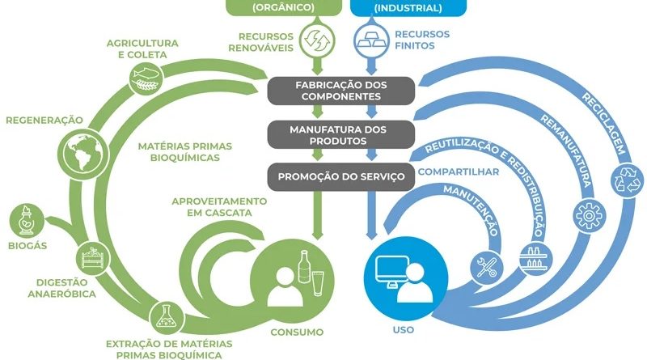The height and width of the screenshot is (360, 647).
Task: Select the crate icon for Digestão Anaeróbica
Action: [x=91, y=259]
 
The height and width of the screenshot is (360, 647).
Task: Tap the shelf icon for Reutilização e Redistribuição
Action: [x=532, y=256]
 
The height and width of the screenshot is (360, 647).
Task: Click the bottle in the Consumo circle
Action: [x=304, y=266]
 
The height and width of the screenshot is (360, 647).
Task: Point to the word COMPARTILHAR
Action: [x=459, y=172]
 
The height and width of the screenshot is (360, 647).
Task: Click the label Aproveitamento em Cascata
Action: [x=218, y=206]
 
